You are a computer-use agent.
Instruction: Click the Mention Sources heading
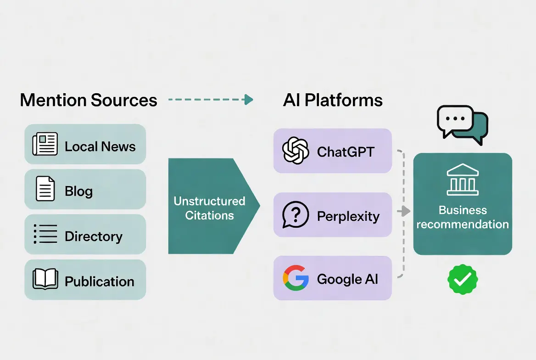coord(89,100)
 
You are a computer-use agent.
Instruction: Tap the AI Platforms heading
coord(333,100)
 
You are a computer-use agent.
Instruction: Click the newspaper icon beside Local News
coord(45,144)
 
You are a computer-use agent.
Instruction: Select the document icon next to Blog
coord(45,189)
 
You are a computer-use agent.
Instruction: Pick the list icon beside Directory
coord(45,234)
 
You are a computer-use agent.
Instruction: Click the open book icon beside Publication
coord(45,279)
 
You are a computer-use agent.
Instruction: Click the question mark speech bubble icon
coord(295,215)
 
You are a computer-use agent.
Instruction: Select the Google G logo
coord(296,278)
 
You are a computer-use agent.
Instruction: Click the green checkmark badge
coord(463,279)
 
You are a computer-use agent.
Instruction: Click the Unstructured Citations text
coord(209,208)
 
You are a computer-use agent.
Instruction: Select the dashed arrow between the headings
coord(211,100)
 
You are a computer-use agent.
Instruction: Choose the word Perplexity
coord(348,216)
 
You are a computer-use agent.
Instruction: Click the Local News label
coord(100,146)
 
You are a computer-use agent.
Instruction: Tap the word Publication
coord(100,281)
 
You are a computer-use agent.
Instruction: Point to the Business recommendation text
coord(463,217)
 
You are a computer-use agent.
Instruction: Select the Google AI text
coord(347,279)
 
